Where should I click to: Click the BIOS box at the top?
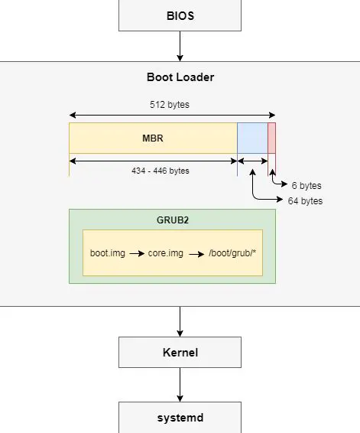(x=180, y=15)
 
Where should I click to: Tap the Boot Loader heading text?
(x=180, y=77)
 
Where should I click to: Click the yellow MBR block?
(x=153, y=138)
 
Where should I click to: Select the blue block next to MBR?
(x=252, y=138)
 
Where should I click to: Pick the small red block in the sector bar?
(x=271, y=138)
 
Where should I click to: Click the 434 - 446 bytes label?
(x=160, y=171)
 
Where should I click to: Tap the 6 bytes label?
(x=306, y=186)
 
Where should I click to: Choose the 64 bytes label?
(x=304, y=201)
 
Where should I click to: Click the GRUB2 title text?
(x=172, y=220)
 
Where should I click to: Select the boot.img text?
(x=107, y=252)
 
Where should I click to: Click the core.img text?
(x=166, y=252)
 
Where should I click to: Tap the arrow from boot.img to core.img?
(x=136, y=252)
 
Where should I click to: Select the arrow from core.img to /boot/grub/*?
(x=195, y=252)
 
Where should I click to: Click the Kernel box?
(x=180, y=353)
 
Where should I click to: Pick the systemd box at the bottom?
(x=180, y=418)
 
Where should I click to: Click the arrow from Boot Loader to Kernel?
(x=180, y=321)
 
